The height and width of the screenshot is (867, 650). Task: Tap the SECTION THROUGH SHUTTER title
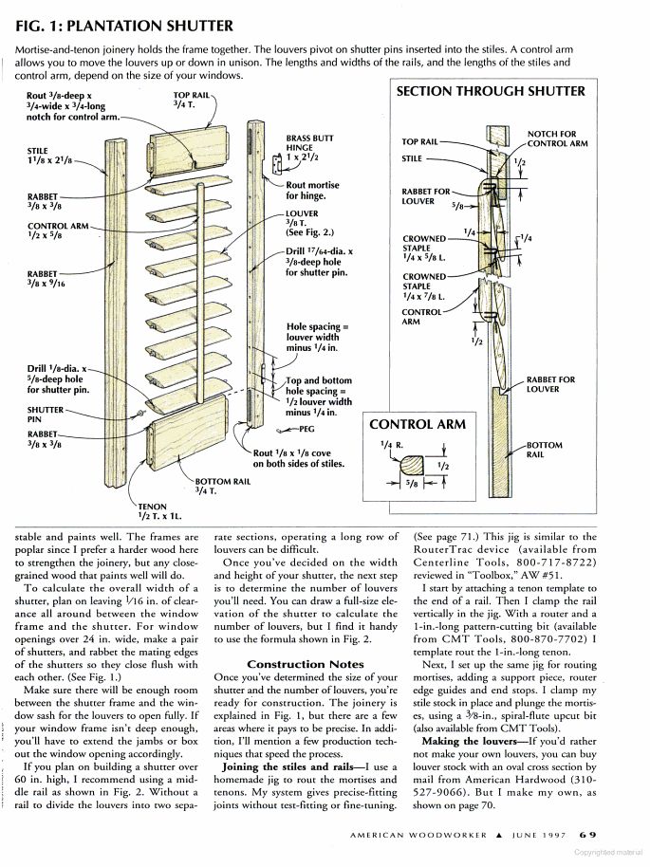tap(490, 92)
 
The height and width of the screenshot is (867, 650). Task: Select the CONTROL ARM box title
tap(418, 424)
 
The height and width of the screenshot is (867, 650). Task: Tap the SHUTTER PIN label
tap(45, 415)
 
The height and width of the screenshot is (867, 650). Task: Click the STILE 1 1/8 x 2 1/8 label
tap(45, 156)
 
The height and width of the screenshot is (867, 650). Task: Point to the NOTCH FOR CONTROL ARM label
tap(557, 138)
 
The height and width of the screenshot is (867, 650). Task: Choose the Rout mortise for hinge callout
tap(312, 190)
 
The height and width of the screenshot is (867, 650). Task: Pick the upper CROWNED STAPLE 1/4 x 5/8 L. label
tap(423, 249)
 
